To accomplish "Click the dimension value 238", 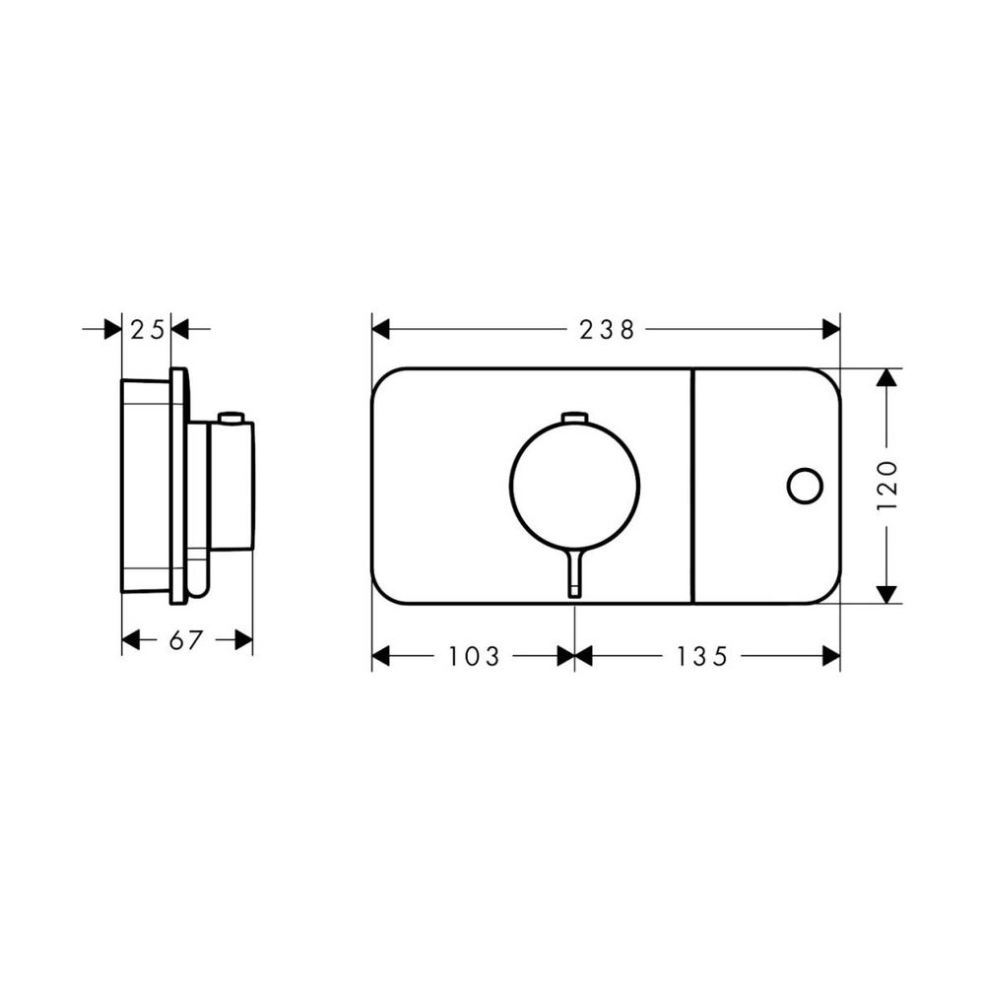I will pos(606,330).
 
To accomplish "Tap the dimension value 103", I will pos(475,656).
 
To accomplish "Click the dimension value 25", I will pos(147,330).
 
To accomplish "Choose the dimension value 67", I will pos(186,641).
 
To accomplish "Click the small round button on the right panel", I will pos(805,486).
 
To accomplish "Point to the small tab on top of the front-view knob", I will pos(574,419).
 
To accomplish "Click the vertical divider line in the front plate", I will pos(693,486).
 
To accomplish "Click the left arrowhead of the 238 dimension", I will pos(381,329).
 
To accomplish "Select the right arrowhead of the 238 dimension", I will pos(830,329).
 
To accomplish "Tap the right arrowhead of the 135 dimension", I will pos(830,656).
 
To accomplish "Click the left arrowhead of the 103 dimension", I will pos(381,656).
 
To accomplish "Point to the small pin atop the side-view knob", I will pos(230,418).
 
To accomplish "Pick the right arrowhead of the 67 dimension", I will pos(244,641).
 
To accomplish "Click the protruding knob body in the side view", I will pos(231,488).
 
